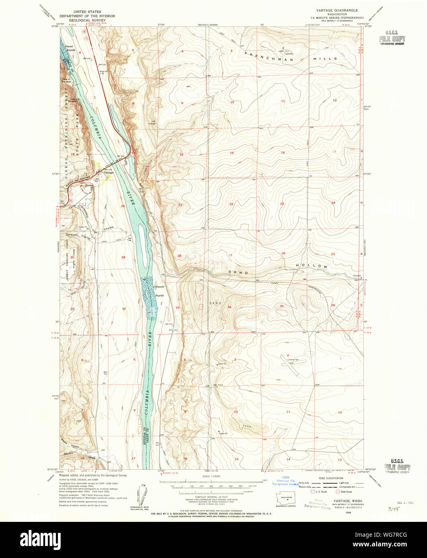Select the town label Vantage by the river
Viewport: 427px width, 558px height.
(109, 173)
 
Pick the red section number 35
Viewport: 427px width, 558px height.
(282, 306)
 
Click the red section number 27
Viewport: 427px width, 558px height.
(230, 255)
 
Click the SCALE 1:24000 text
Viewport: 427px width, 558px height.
(212, 476)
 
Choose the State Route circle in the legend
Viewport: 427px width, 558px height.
(338, 491)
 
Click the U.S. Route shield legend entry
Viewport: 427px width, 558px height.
(313, 491)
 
